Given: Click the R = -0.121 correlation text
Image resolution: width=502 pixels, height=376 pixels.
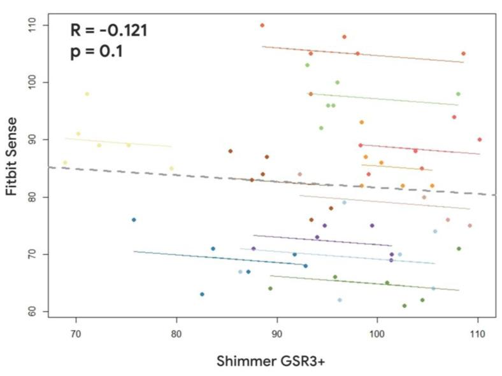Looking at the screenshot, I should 109,29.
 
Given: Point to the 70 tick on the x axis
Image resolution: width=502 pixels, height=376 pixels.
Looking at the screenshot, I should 76,331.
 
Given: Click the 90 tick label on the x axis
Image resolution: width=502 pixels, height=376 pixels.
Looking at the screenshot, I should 277,331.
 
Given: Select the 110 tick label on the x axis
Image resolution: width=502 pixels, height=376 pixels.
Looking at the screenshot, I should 478,331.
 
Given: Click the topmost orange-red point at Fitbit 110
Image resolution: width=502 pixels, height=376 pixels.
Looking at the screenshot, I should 262,25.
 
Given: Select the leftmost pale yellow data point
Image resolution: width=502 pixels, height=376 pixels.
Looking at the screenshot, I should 65,163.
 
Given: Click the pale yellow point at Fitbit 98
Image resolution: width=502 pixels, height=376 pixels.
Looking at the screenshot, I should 87,94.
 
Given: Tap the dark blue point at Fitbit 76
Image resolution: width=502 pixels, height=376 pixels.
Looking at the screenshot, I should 134,219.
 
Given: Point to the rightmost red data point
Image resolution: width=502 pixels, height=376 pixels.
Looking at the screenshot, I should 479,139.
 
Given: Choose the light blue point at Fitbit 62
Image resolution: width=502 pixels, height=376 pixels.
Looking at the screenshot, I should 340,300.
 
